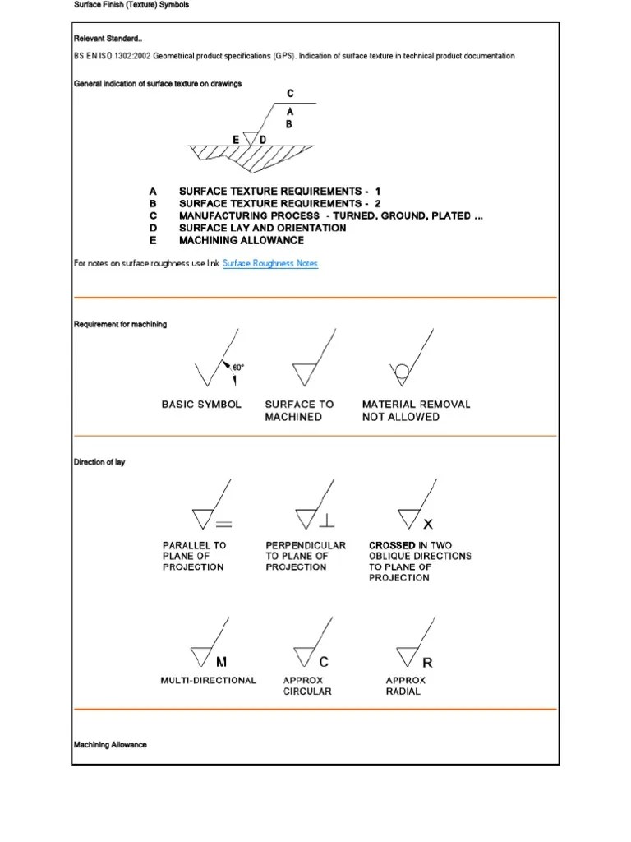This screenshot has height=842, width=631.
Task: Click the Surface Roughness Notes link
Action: (x=269, y=263)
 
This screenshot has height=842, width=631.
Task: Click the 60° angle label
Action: (x=239, y=367)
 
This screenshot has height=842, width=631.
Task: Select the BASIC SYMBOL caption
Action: (x=201, y=405)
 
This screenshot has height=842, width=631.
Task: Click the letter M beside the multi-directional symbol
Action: (x=221, y=662)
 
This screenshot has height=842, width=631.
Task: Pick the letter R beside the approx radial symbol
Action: (x=427, y=662)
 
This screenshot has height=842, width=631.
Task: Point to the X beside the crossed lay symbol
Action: (x=427, y=524)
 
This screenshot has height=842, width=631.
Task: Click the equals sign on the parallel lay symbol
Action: (x=223, y=524)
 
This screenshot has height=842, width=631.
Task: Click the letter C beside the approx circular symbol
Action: (x=324, y=662)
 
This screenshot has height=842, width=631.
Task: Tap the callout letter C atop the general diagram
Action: (x=289, y=94)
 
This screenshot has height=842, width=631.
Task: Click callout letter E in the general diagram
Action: (x=236, y=140)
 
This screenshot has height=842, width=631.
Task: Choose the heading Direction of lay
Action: (x=99, y=463)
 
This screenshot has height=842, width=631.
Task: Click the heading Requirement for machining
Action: (x=120, y=325)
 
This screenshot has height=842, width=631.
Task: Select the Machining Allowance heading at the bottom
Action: (x=110, y=745)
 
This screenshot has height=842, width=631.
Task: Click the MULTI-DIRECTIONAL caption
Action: (x=209, y=680)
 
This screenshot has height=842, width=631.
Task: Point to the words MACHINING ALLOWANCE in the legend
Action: (x=241, y=241)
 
